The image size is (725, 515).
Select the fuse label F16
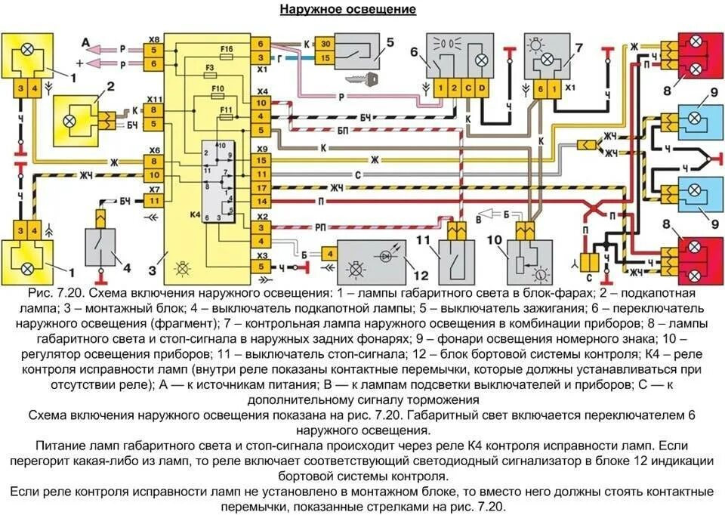pyautogui.click(x=227, y=50)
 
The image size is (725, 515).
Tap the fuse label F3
pyautogui.click(x=211, y=68)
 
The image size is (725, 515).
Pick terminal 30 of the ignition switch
pyautogui.click(x=325, y=44)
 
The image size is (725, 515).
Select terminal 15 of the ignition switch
pyautogui.click(x=325, y=57)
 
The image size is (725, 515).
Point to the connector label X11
pyautogui.click(x=154, y=99)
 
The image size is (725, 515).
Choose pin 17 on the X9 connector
pyautogui.click(x=261, y=187)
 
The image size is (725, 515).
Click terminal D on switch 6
pyautogui.click(x=483, y=88)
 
